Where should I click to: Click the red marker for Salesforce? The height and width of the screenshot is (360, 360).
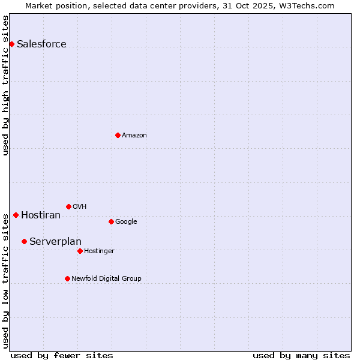tap(11, 44)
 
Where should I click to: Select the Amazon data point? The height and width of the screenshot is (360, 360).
tap(118, 135)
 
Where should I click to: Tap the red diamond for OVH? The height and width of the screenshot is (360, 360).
tap(68, 206)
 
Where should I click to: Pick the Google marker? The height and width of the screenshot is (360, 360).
tap(111, 221)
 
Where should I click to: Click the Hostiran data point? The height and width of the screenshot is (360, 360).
tap(16, 215)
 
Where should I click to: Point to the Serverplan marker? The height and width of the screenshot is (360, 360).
tap(24, 241)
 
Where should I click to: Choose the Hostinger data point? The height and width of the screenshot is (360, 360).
tap(80, 251)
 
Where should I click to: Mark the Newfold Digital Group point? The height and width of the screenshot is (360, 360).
tap(67, 278)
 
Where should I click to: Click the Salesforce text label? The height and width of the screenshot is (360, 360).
tap(41, 44)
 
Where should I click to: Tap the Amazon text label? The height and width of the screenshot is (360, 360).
tap(134, 136)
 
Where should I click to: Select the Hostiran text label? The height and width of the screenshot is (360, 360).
tap(41, 215)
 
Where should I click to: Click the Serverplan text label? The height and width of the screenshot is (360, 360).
tap(55, 242)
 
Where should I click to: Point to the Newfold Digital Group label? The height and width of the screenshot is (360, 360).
tap(106, 278)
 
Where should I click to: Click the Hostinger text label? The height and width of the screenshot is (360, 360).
tap(99, 251)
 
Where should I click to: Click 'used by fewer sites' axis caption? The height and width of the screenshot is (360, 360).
tap(62, 355)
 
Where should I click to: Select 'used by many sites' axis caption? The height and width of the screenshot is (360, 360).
tap(301, 355)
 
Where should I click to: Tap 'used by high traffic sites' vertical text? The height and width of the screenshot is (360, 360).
tap(5, 85)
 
